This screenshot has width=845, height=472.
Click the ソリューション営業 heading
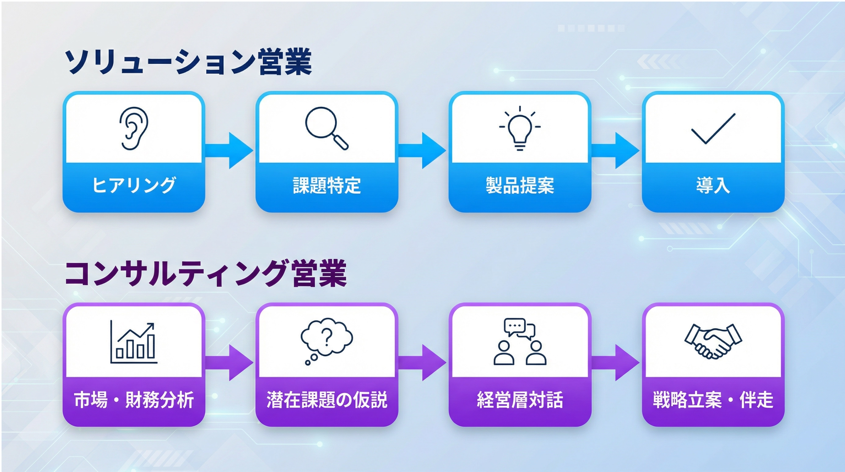[188, 62]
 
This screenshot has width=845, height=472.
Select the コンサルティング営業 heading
[206, 273]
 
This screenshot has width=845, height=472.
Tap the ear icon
[133, 128]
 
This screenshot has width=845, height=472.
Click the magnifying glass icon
[327, 128]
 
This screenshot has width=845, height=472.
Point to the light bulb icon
[520, 129]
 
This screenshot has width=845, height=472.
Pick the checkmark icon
[713, 129]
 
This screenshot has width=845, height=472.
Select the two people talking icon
[520, 341]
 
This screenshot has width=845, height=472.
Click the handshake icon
[713, 341]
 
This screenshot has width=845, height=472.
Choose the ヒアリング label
[133, 185]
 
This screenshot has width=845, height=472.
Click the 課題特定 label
[327, 185]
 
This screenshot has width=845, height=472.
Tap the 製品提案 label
[520, 185]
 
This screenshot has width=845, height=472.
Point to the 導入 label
[713, 185]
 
